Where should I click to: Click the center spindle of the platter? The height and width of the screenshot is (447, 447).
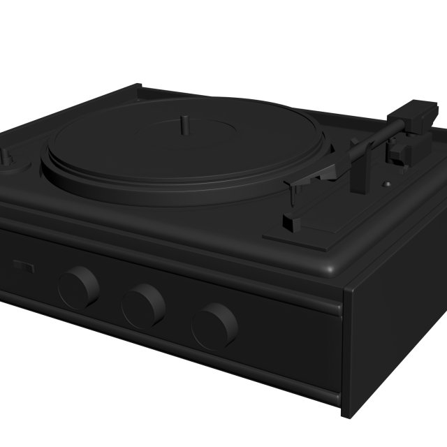(184, 124)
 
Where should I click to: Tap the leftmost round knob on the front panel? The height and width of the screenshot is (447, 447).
(78, 287)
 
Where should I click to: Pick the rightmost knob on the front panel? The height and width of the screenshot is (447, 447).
(214, 325)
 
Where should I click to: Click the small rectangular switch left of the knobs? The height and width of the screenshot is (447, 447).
(23, 266)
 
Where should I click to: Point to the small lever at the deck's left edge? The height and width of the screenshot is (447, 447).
(7, 155)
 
